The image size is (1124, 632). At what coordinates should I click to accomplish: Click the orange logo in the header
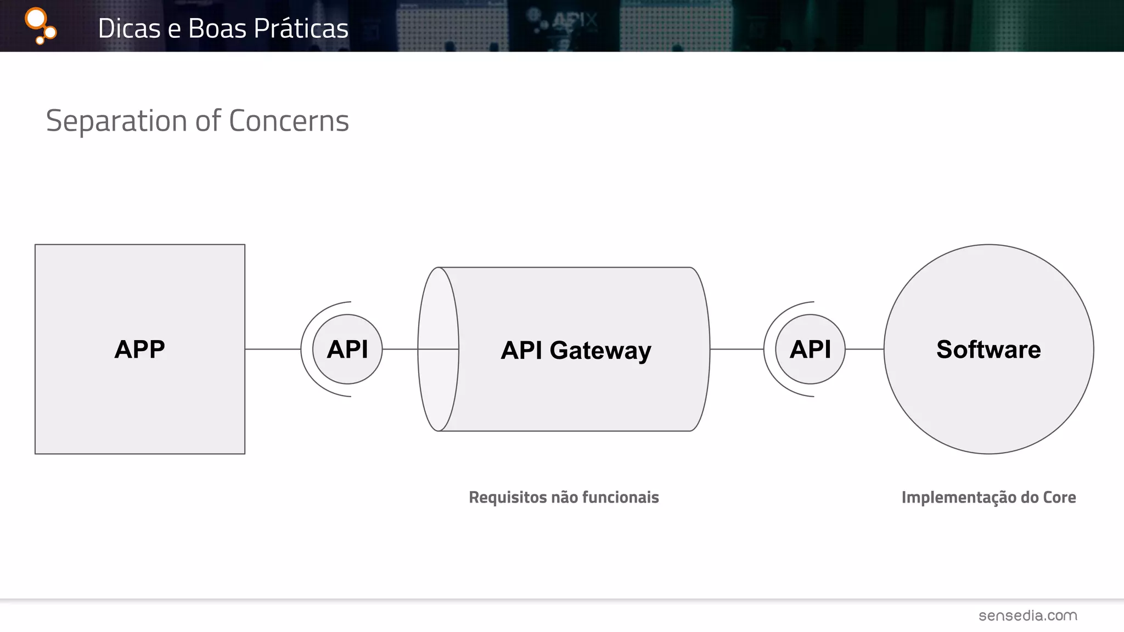point(40,26)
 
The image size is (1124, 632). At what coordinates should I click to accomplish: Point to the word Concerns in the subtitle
point(289,121)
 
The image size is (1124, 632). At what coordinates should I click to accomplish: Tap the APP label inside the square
point(139,349)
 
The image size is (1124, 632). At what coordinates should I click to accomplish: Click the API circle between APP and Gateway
point(347,349)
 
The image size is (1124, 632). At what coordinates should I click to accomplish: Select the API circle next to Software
point(810,349)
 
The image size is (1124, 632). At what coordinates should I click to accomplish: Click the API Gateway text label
point(576,351)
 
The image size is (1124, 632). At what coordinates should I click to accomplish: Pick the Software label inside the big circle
point(988,349)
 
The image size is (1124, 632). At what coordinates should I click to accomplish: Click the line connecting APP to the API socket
point(273,349)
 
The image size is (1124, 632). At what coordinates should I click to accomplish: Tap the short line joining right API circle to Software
point(864,349)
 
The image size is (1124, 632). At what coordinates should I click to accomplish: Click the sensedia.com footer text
point(1027,616)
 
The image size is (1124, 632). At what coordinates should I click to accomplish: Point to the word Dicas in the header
point(130,29)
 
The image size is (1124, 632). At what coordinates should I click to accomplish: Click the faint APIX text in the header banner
point(574,22)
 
